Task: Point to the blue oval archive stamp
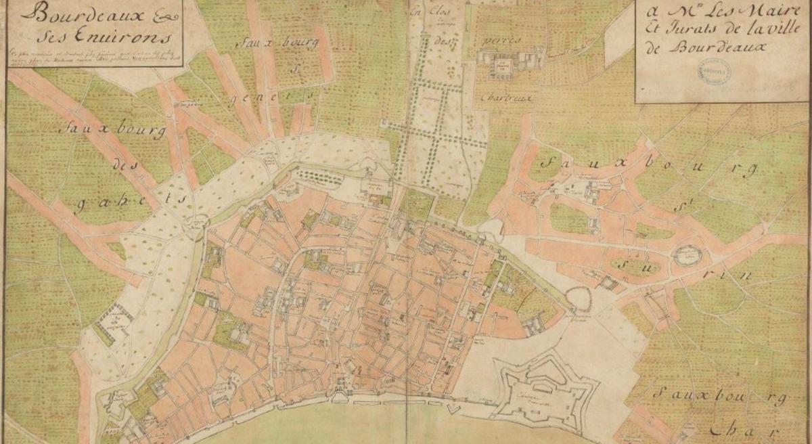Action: point(711,70)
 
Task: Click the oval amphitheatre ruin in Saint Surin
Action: point(689,255)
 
